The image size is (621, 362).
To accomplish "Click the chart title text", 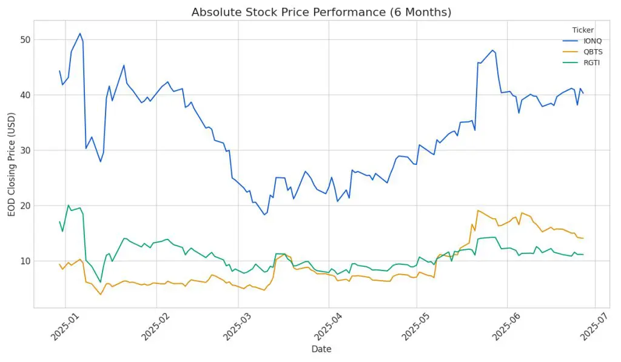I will pos(321,12).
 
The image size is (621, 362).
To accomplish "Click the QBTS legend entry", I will pos(583,52).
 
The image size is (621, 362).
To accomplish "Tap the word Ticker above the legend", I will pos(583,30).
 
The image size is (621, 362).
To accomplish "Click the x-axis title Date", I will pos(321,349).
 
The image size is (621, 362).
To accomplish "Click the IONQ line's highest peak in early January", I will pos(80,34).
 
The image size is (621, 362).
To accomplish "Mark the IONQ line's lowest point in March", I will pos(264,215).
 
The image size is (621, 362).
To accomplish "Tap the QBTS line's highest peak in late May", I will pos(478,210).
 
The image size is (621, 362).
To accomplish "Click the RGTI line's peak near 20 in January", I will pos(69,206).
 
